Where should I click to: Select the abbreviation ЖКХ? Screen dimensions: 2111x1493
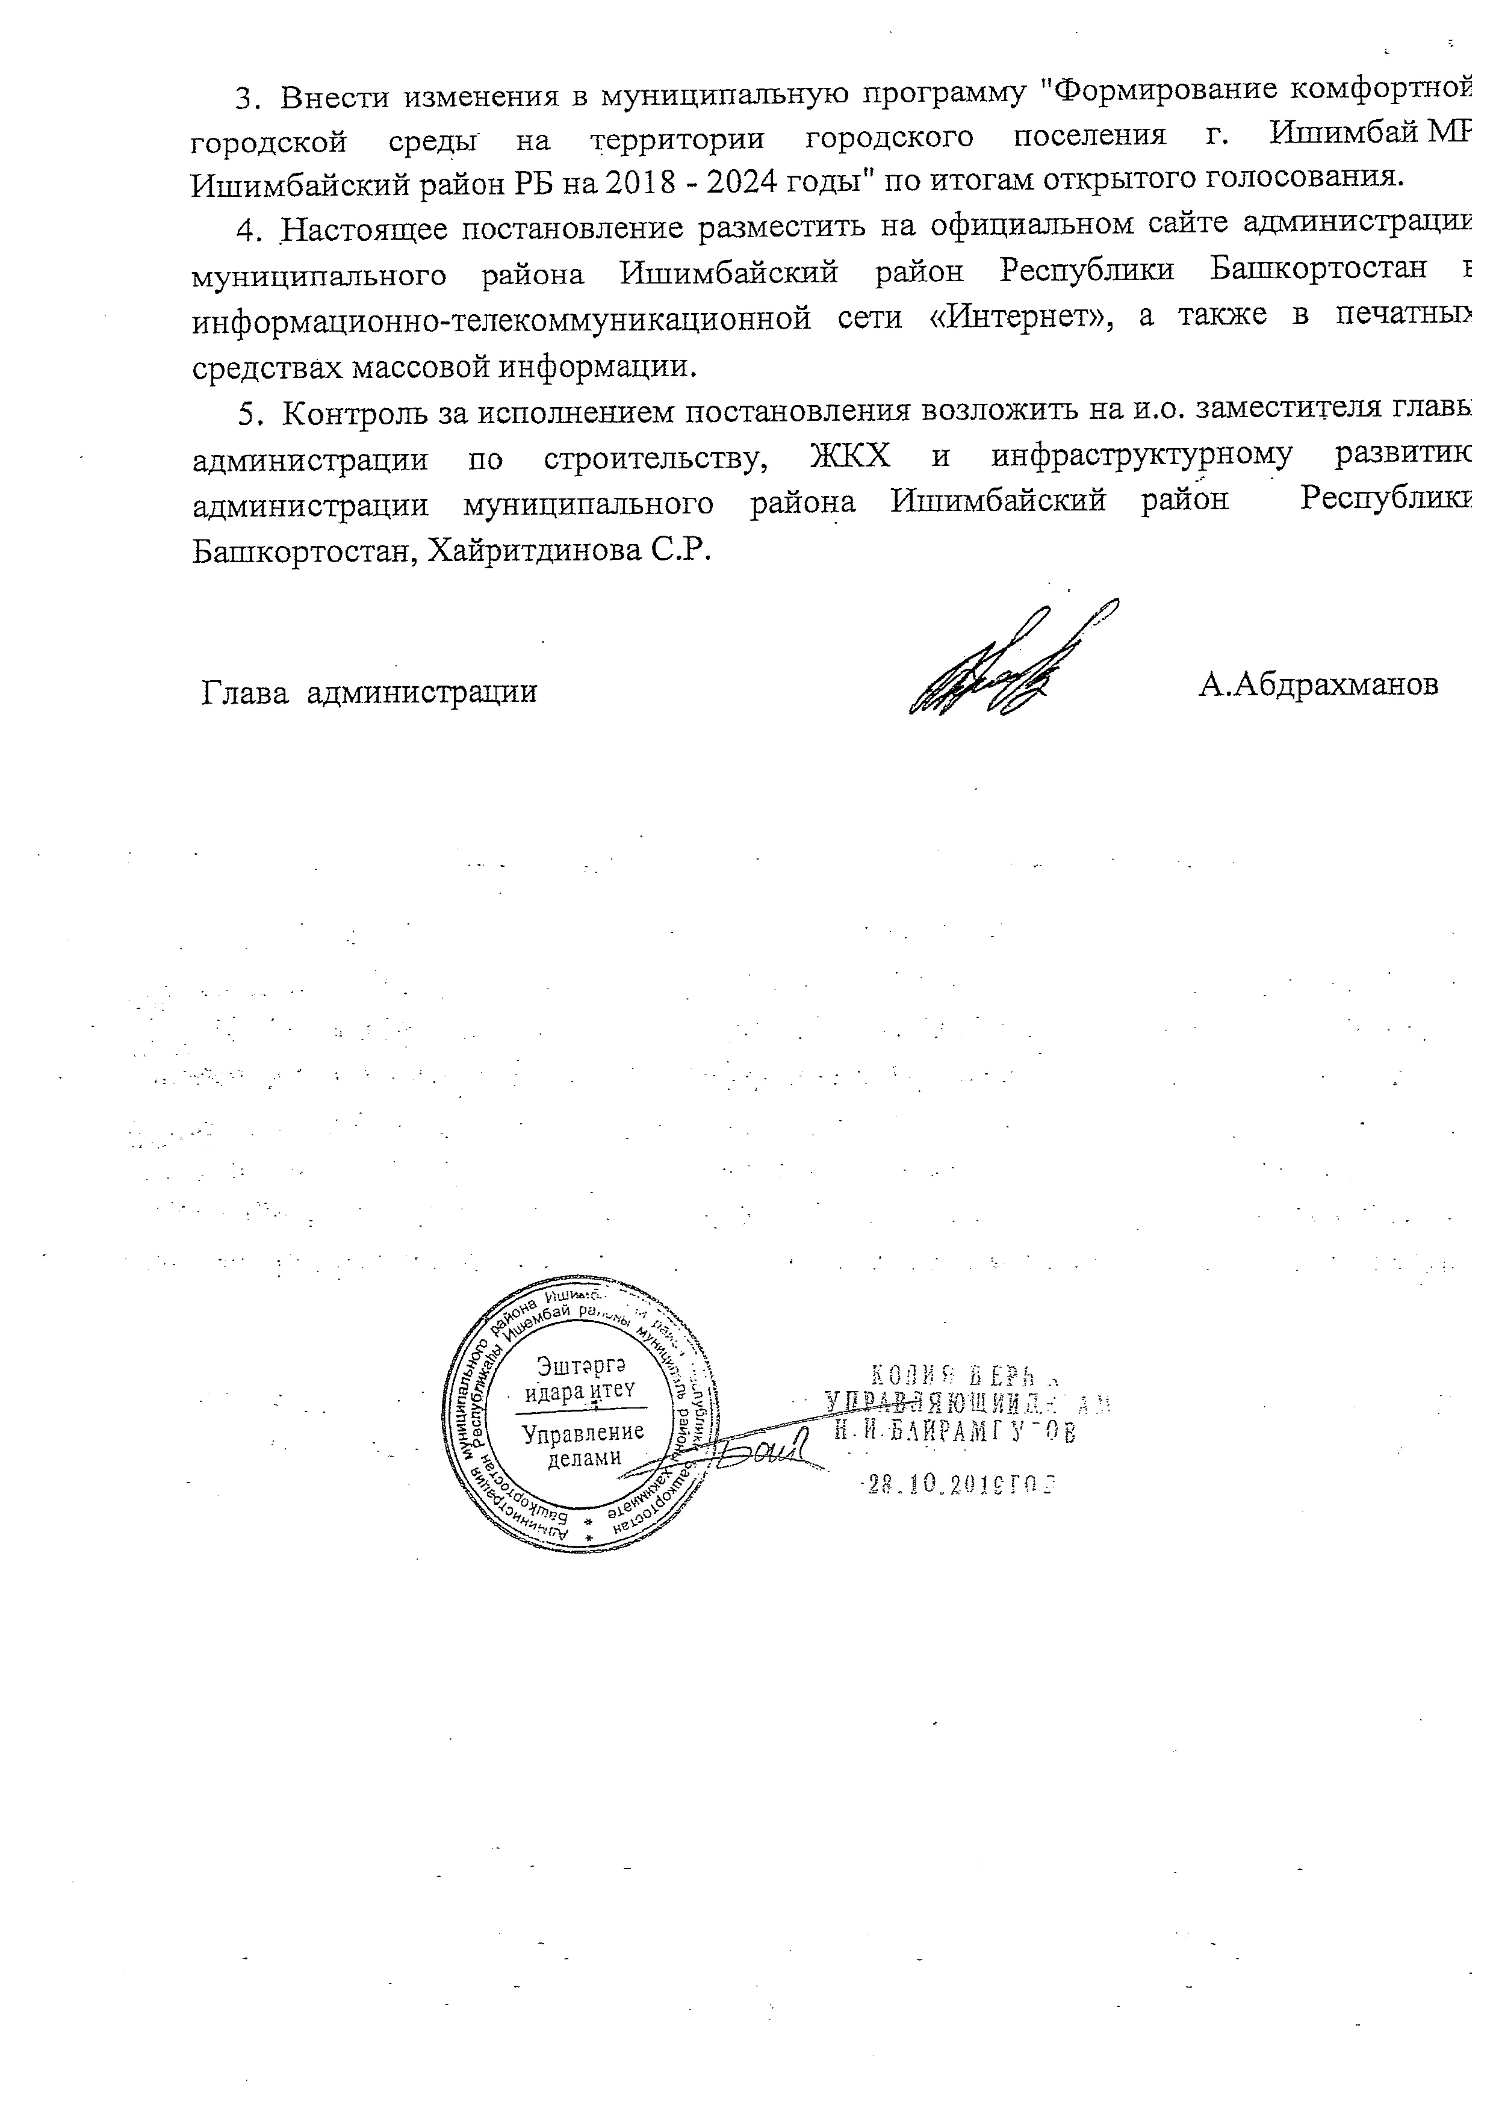click(849, 458)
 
